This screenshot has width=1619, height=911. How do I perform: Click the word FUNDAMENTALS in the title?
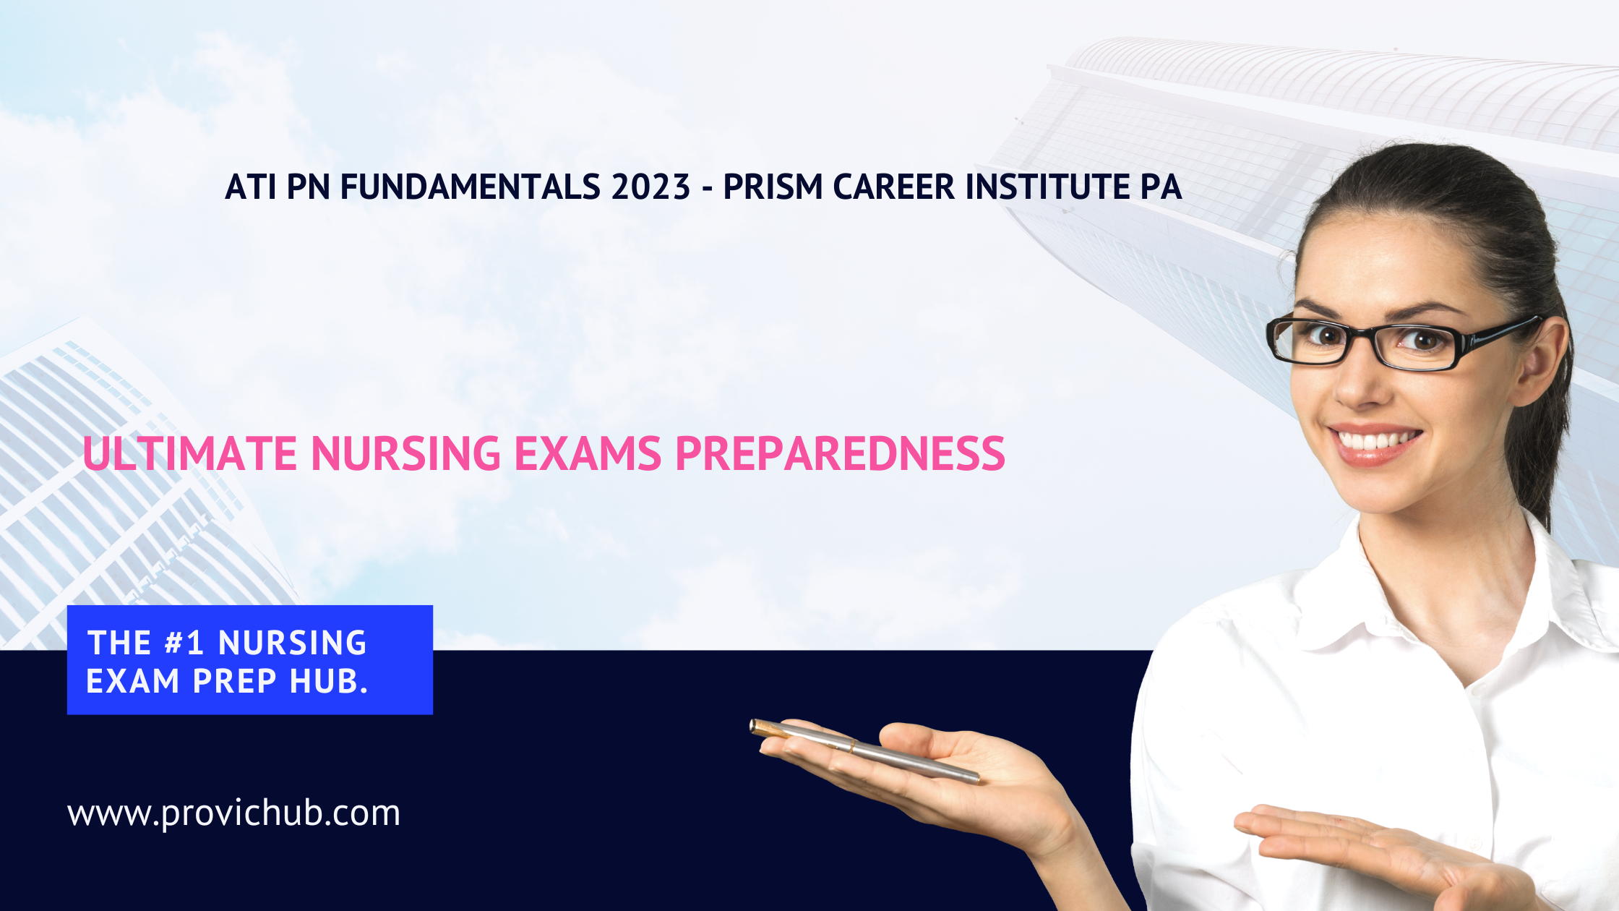tap(471, 187)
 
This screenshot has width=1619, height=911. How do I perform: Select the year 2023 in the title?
tap(650, 187)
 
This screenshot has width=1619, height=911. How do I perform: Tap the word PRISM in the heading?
tap(773, 187)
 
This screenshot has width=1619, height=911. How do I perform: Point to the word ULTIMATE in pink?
tap(190, 454)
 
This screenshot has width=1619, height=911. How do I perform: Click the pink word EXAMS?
tap(588, 454)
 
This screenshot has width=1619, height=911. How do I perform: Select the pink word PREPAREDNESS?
tap(840, 454)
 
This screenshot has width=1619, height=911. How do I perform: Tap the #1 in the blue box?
tap(184, 643)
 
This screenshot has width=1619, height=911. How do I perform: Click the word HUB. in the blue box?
tap(329, 681)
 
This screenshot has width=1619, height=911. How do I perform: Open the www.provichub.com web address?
tap(233, 813)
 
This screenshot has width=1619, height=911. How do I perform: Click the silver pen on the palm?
tap(864, 750)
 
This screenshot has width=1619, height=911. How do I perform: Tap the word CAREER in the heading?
tap(895, 187)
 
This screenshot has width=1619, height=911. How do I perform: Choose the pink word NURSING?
tap(405, 454)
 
